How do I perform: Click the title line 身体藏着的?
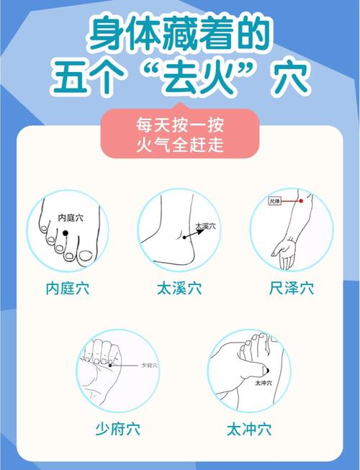179,35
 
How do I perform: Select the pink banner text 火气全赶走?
179,145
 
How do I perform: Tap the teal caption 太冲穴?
249,430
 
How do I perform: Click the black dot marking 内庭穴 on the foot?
65,232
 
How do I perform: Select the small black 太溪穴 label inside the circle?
205,226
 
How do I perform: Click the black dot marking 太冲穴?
265,371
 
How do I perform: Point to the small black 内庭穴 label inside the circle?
71,216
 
